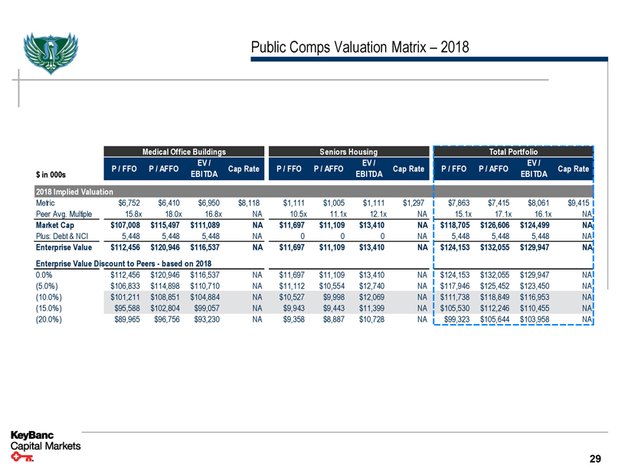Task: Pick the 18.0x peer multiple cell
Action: point(170,214)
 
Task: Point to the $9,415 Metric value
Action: point(577,202)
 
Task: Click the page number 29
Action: point(595,459)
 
